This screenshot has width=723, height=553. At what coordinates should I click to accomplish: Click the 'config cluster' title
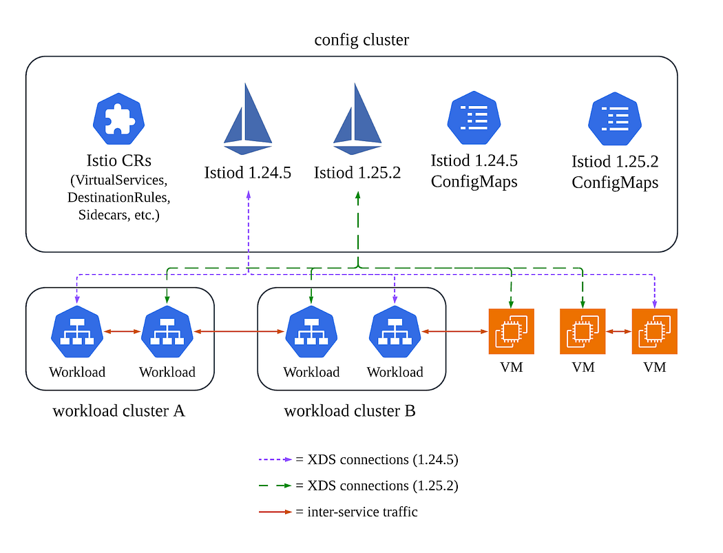point(361,40)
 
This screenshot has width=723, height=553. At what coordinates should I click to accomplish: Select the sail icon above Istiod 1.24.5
point(248,118)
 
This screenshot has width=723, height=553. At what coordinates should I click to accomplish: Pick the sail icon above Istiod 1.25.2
point(357,118)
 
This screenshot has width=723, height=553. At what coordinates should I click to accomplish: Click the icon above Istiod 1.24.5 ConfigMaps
point(473,118)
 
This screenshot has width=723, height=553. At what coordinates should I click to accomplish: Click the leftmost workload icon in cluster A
point(76,333)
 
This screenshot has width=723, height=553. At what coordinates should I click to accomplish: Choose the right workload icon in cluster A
point(167,333)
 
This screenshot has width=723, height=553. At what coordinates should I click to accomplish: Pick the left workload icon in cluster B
point(311,333)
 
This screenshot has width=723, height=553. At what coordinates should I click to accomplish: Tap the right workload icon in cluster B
point(395,333)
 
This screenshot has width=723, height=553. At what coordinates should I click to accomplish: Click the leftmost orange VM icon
point(511,331)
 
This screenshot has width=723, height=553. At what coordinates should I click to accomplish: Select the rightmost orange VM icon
point(655,331)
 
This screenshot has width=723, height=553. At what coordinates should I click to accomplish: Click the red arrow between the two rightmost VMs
point(619,332)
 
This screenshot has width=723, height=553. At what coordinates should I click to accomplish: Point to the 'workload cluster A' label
point(119,411)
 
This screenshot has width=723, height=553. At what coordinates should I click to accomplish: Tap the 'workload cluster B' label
point(350,411)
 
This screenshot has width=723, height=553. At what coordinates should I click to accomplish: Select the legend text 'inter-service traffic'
point(362,512)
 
